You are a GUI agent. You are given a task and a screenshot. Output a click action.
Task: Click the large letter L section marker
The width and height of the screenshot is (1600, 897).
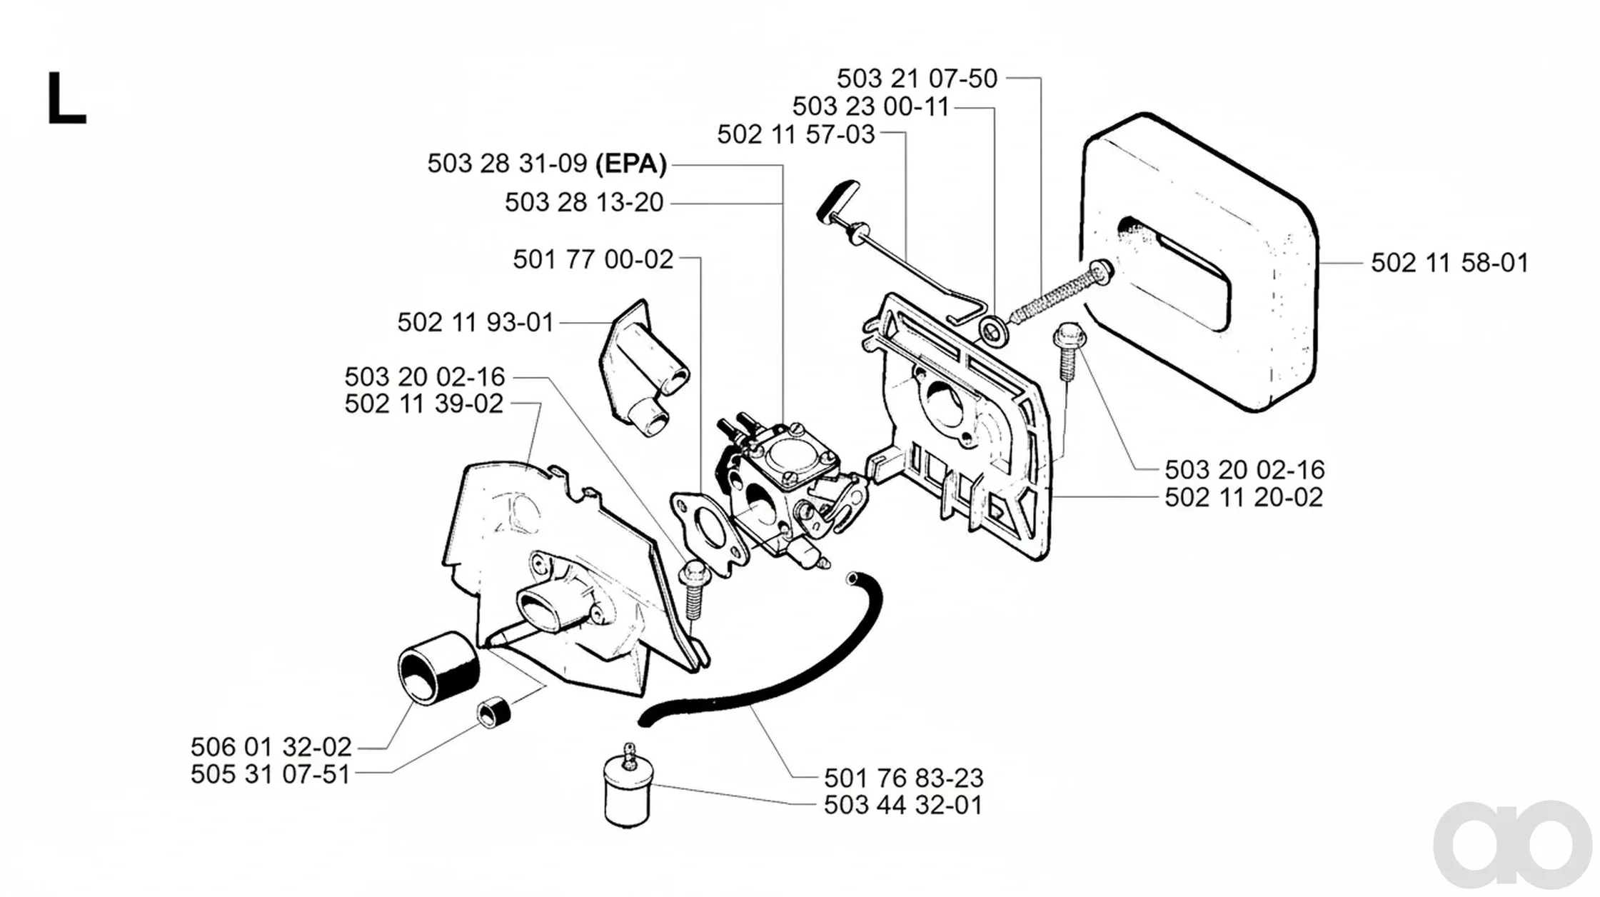click(x=66, y=99)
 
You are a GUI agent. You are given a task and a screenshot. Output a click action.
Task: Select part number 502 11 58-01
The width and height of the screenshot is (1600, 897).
click(x=1449, y=263)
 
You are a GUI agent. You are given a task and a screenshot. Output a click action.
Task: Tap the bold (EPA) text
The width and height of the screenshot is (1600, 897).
click(x=631, y=164)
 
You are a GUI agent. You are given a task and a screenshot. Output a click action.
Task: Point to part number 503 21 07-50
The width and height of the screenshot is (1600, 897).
click(x=917, y=79)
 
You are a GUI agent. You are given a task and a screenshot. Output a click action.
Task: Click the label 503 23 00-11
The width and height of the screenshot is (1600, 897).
click(x=870, y=106)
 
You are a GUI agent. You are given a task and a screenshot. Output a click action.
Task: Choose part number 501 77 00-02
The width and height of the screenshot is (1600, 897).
click(x=593, y=259)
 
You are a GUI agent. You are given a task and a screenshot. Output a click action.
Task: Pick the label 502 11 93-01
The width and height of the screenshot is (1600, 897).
click(x=476, y=322)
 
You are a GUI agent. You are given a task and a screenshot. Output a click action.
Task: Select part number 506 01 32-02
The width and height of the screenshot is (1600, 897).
click(x=271, y=747)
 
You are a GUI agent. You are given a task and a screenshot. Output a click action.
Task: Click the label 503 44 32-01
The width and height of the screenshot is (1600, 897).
click(x=903, y=805)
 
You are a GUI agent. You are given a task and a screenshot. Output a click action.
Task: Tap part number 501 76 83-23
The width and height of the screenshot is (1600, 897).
click(x=903, y=778)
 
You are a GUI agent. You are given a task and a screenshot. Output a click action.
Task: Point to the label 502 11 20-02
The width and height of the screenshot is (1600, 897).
click(x=1244, y=497)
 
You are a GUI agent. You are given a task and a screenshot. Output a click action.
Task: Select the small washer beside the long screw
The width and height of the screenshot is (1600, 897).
click(x=992, y=330)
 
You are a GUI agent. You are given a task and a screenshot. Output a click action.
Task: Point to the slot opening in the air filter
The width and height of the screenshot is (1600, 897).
click(x=1178, y=274)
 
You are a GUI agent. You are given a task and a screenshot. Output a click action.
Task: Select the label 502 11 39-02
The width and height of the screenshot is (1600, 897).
click(x=424, y=404)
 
